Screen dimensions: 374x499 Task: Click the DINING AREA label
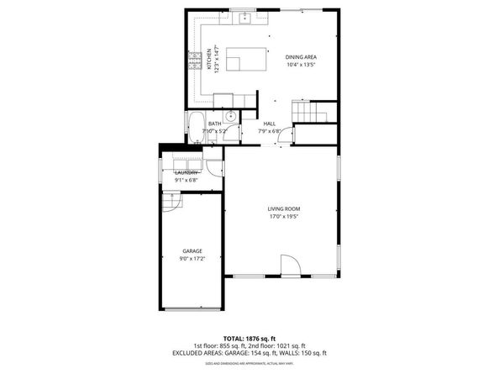pos(300,57)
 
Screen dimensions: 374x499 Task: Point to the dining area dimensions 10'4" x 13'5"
pos(300,66)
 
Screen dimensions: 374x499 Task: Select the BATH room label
pos(215,124)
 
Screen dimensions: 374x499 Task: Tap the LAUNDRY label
pos(186,172)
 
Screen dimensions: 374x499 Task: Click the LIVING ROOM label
pos(284,208)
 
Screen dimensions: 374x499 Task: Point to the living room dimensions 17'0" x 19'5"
pos(284,217)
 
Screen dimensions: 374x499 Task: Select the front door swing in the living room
pos(289,264)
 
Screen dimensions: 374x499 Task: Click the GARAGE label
pos(192,250)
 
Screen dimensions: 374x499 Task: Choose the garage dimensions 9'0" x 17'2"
pos(192,259)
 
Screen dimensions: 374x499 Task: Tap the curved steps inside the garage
pos(171,202)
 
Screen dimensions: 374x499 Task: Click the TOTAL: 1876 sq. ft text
pos(249,337)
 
